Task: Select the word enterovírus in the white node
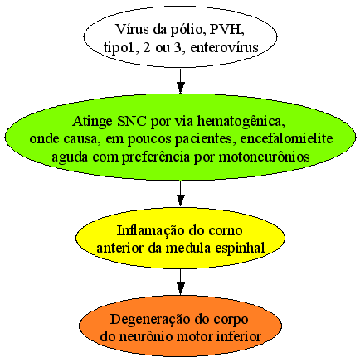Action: pos(225,47)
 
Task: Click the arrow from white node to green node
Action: pos(180,81)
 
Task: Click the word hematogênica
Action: pos(241,122)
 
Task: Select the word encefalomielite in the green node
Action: pos(286,138)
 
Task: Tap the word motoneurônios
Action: pos(264,157)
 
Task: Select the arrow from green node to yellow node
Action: pos(180,193)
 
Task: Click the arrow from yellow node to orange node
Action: pos(180,282)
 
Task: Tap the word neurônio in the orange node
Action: pos(144,337)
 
